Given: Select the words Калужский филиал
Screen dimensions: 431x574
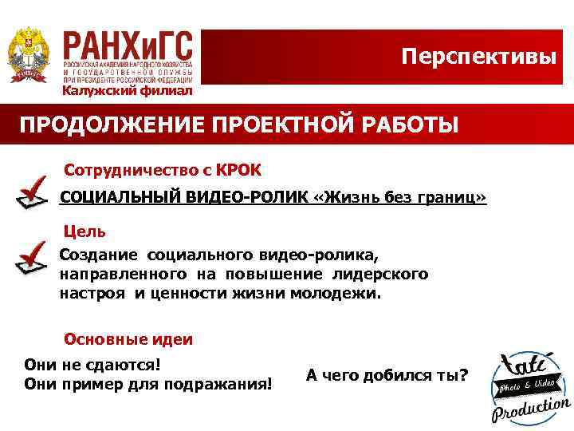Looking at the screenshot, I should [x=128, y=90].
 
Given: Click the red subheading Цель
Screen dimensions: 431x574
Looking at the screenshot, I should [x=84, y=231].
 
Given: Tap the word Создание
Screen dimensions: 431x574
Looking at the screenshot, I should [x=98, y=255].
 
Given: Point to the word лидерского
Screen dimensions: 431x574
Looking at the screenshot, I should [x=390, y=274].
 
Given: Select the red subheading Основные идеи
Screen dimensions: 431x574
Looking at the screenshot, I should [x=128, y=338].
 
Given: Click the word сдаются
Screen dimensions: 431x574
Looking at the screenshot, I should [x=128, y=364].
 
